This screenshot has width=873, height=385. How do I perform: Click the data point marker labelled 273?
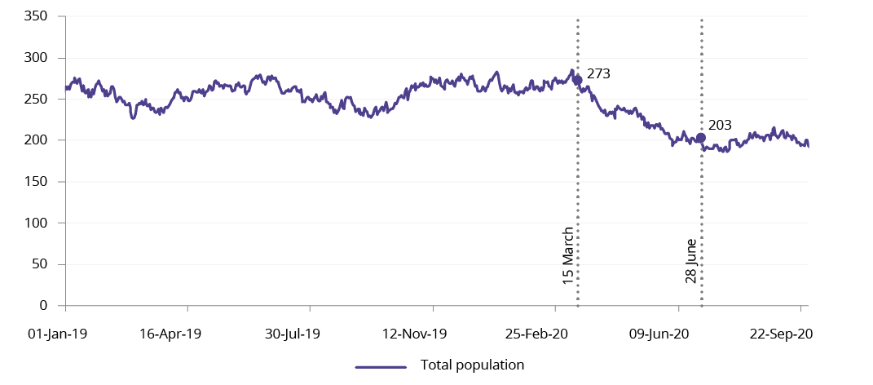[x=578, y=80]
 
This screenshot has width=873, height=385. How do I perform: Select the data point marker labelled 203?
[x=701, y=138]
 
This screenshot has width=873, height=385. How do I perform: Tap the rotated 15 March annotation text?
[x=568, y=255]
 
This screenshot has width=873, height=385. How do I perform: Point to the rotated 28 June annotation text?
[x=691, y=261]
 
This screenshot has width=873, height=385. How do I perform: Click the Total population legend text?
[x=472, y=365]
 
